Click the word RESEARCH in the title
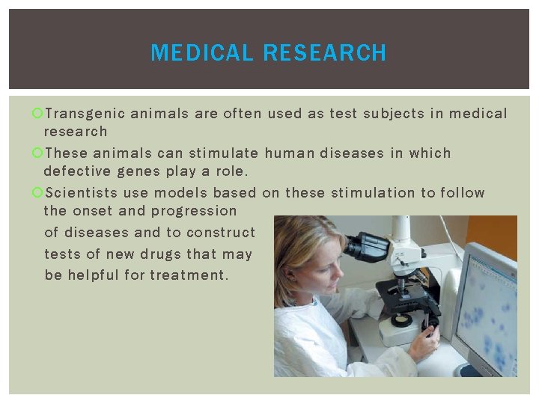(x=325, y=53)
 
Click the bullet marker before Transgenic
(x=37, y=114)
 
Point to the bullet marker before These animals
(x=37, y=153)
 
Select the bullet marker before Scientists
(x=37, y=193)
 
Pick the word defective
(x=79, y=171)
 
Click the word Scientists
(x=81, y=193)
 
